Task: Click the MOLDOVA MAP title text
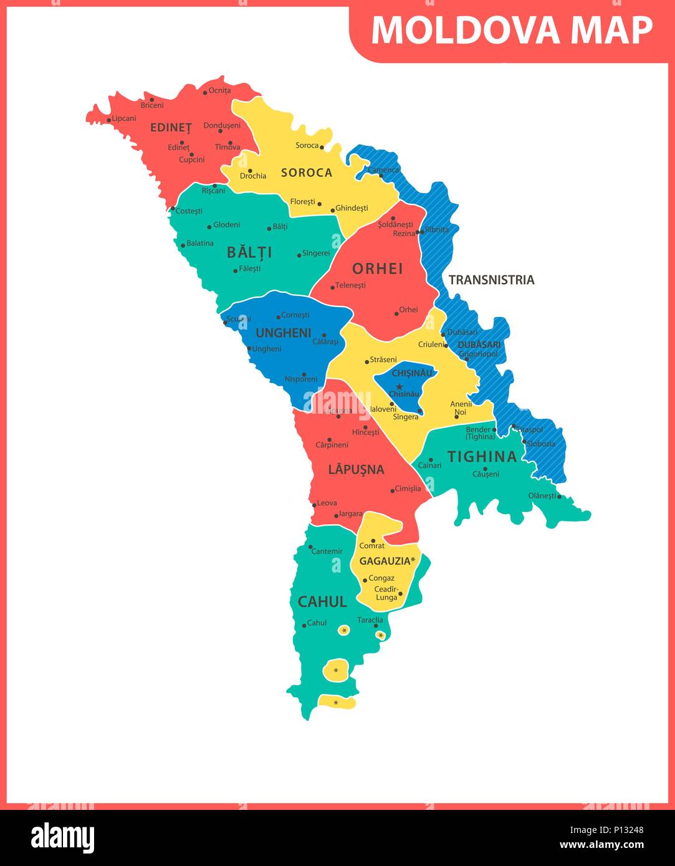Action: (x=512, y=30)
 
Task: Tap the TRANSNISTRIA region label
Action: (x=491, y=280)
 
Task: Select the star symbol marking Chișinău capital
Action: (x=399, y=386)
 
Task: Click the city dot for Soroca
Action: (x=322, y=146)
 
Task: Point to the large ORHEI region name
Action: (x=377, y=269)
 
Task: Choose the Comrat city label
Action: (x=372, y=546)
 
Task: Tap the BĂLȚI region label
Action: (x=249, y=252)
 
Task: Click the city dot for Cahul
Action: (x=304, y=625)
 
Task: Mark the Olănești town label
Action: (x=542, y=495)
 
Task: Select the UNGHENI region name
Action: (x=283, y=333)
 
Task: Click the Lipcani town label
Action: (x=124, y=118)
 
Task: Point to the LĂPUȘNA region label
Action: (x=356, y=470)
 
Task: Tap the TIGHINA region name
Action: (x=482, y=457)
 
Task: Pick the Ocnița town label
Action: (x=219, y=90)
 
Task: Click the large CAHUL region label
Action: (x=322, y=602)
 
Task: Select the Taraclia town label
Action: (x=370, y=620)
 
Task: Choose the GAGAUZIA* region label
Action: (x=387, y=561)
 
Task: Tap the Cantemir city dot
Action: (x=310, y=546)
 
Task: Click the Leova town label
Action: (x=327, y=503)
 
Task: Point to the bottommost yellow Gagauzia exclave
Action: (x=337, y=703)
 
